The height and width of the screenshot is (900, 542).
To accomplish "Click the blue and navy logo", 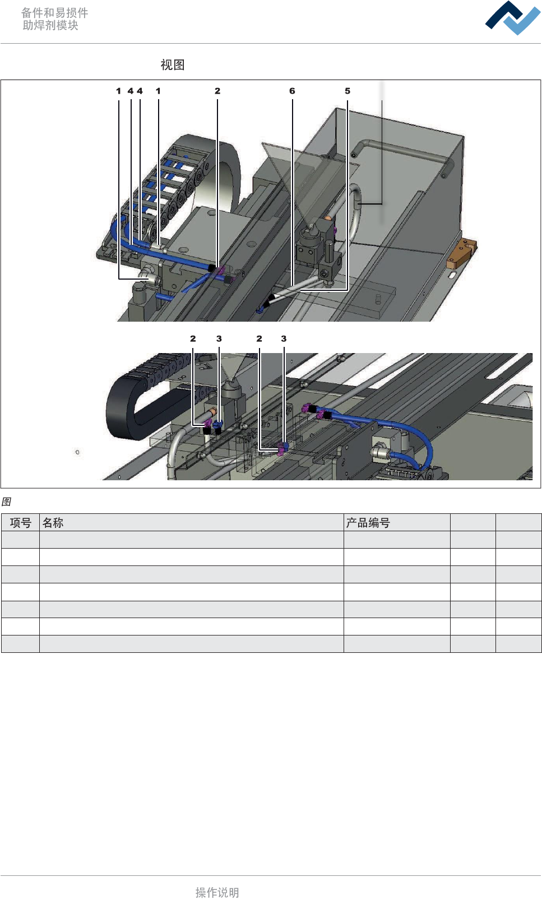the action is [513, 18].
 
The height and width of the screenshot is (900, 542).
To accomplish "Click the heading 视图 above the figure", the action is [173, 64].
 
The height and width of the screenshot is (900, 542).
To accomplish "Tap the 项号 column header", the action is [21, 523].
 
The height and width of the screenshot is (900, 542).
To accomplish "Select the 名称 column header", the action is [53, 523].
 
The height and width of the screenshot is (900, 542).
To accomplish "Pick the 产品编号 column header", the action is [368, 523].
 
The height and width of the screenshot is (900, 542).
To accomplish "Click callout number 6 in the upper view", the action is [292, 91].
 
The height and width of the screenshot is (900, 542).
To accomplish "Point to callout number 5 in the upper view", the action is [348, 91].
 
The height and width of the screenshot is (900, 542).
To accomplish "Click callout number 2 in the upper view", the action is [217, 91].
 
